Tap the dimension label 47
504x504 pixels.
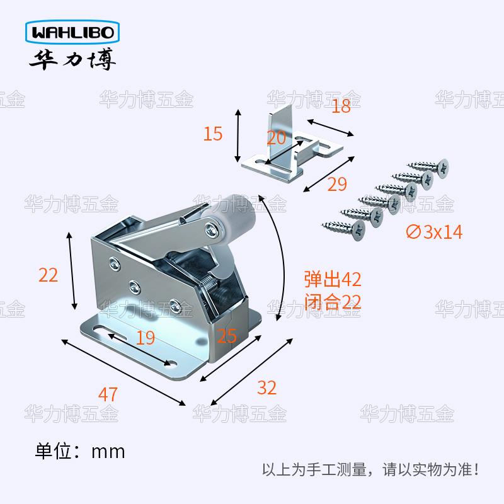tap(108, 395)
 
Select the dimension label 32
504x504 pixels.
tap(266, 387)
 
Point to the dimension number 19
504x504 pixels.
tap(145, 338)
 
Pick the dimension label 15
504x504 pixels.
tap(214, 134)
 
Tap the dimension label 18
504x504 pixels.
tap(340, 106)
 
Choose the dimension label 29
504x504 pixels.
tap(337, 184)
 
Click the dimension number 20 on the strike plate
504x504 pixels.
tap(276, 139)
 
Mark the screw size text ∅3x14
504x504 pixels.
tap(435, 232)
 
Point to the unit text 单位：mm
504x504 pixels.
tap(80, 451)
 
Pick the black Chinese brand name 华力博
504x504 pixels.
tap(69, 60)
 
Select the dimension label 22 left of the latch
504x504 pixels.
tap(49, 275)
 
